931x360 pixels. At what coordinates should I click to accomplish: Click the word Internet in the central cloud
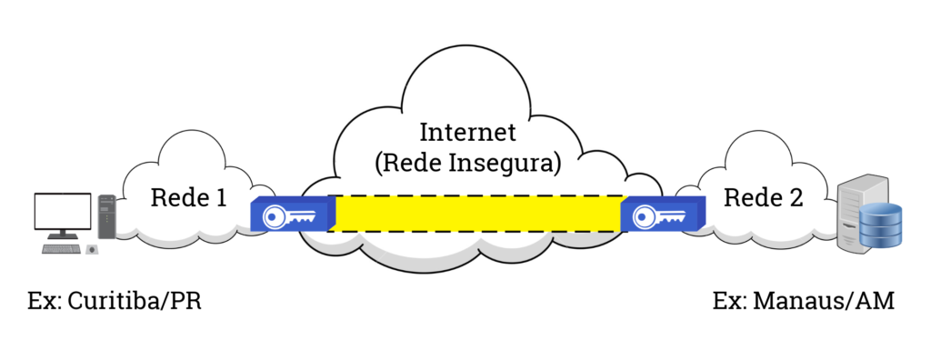click(467, 132)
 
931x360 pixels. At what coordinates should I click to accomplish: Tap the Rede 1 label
click(188, 196)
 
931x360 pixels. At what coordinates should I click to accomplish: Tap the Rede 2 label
click(763, 196)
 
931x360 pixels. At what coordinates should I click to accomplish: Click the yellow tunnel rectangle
click(478, 213)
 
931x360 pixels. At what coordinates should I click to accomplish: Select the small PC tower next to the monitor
click(106, 216)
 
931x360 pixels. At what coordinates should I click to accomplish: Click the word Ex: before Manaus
click(730, 301)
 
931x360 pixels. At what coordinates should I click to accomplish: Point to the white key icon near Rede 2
click(659, 216)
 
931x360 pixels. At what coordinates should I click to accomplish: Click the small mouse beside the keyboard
click(92, 248)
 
